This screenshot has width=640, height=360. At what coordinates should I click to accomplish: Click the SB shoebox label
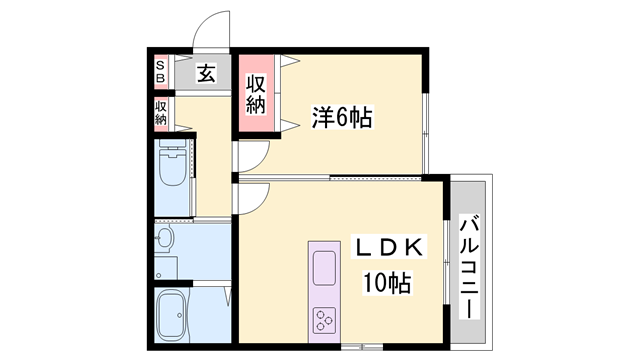point(160,73)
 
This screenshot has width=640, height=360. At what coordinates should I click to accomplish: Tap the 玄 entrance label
point(205,73)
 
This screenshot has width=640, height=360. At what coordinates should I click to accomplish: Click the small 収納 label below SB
point(161,112)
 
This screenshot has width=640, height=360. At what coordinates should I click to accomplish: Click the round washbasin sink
point(165,240)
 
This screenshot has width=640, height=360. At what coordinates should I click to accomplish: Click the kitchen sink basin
point(327,268)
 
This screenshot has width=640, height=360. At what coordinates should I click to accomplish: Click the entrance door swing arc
point(211,31)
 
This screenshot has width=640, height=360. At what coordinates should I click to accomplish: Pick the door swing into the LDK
point(252,198)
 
